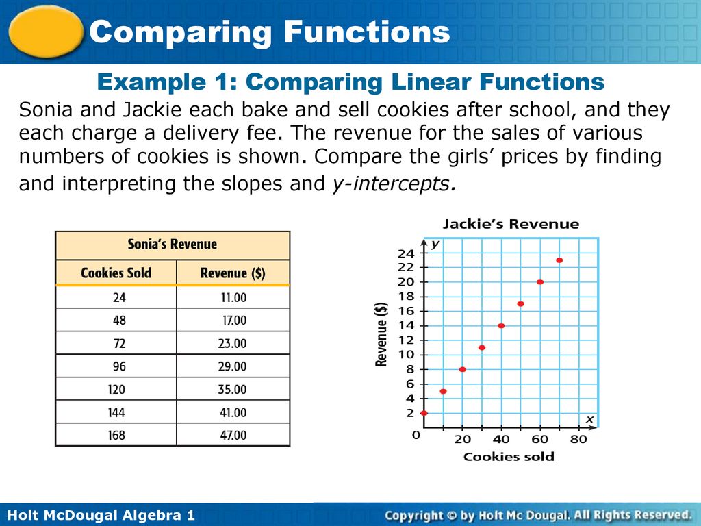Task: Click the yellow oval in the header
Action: coord(46,32)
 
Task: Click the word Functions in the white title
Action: coord(367,32)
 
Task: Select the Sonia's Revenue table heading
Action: coord(173,245)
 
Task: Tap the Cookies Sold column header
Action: coord(116,273)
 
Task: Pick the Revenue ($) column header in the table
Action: coord(233,273)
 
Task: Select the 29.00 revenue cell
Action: coord(233,367)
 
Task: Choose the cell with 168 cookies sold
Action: coord(116,435)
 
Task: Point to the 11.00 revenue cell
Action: coord(233,297)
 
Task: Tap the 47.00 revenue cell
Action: coord(233,435)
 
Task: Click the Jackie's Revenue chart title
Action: coord(511,224)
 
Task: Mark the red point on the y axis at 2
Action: coord(424,413)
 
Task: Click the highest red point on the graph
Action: coord(559,260)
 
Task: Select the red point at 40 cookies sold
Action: coord(501,325)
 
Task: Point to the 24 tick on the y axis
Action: coord(406,253)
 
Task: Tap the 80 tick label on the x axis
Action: coord(578,439)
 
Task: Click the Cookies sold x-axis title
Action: coord(509,457)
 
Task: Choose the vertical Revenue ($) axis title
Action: coord(381,334)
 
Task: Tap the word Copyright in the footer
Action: coord(414,516)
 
